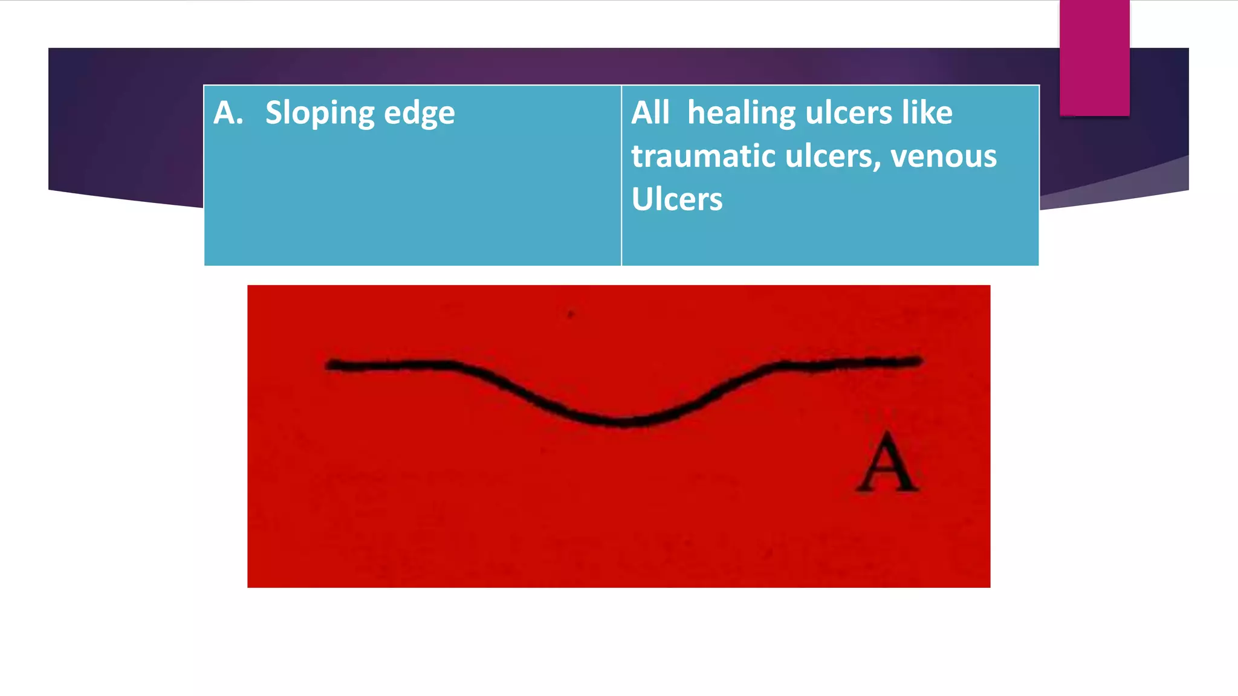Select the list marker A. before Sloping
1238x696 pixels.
tap(228, 113)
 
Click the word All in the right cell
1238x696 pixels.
tap(650, 113)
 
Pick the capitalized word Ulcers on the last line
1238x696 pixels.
tap(676, 199)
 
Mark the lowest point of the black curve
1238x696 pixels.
tap(623, 422)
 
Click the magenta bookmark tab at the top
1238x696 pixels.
tap(1094, 57)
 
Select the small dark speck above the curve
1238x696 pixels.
tap(570, 314)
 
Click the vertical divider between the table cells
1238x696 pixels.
tap(621, 175)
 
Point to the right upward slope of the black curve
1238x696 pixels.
tap(725, 387)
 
